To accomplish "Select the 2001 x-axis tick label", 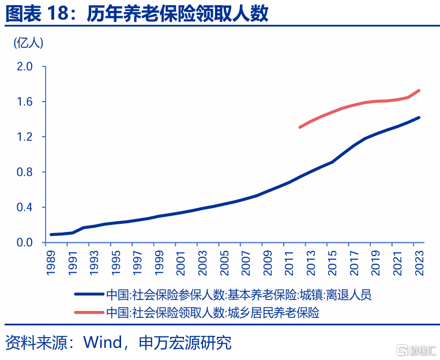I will [x=181, y=261].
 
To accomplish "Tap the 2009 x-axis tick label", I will [x=267, y=261].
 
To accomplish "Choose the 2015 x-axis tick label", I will [x=332, y=261].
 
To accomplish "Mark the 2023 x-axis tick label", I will [x=418, y=261].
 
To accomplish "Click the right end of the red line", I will [x=419, y=90].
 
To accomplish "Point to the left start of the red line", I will [x=300, y=127].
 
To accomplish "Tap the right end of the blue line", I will [x=419, y=118].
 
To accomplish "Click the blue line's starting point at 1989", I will [x=51, y=235].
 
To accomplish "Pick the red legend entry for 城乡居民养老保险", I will [x=213, y=313].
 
